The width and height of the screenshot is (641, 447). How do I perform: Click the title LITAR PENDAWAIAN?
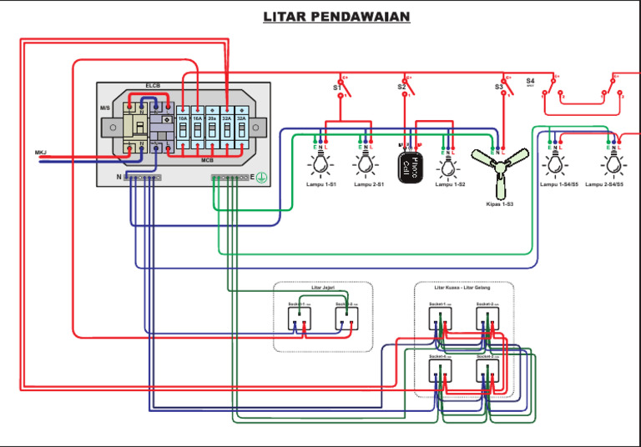[336, 17]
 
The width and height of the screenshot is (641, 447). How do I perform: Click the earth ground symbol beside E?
[260, 178]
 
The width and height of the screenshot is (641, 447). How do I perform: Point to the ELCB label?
[154, 86]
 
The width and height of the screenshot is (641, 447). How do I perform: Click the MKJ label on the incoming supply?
[40, 152]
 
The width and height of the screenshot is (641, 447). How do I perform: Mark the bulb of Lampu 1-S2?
[449, 165]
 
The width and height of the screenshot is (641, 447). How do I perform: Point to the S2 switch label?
[401, 87]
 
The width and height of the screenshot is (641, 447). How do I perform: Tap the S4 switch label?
[530, 82]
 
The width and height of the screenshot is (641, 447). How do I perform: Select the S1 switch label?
[337, 87]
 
